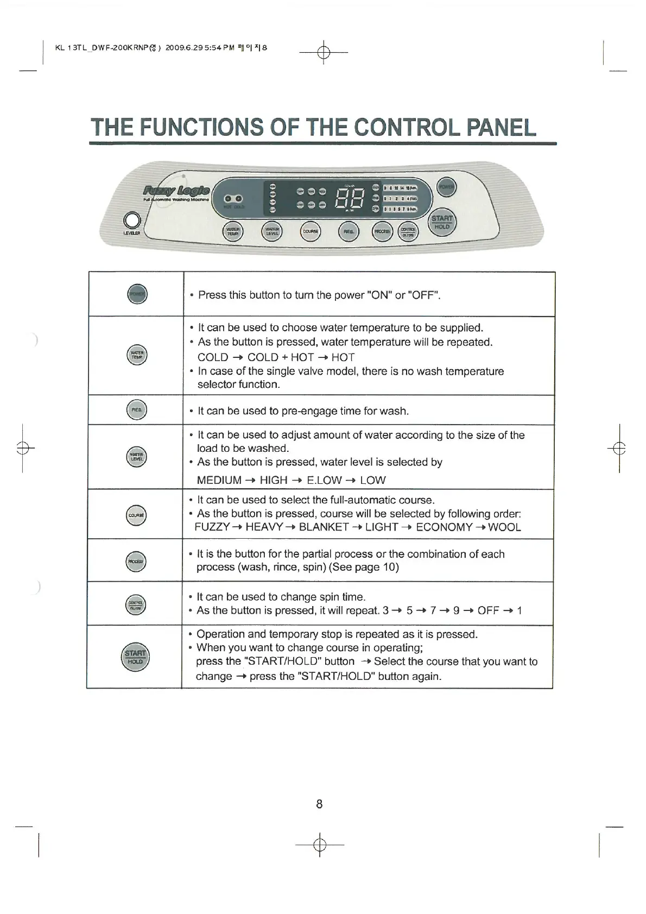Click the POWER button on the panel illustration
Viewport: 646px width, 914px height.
pyautogui.click(x=447, y=188)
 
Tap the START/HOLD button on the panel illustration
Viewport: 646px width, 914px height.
pyautogui.click(x=442, y=223)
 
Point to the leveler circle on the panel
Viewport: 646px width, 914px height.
pyautogui.click(x=132, y=220)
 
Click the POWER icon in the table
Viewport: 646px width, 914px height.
pyautogui.click(x=137, y=294)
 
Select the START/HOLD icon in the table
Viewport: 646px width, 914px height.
pyautogui.click(x=135, y=657)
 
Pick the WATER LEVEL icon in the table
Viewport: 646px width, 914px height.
pyautogui.click(x=136, y=457)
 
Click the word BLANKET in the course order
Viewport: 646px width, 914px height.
pyautogui.click(x=324, y=527)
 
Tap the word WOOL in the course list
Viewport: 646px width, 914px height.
pyautogui.click(x=504, y=527)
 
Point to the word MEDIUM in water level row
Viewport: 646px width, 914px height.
pyautogui.click(x=219, y=480)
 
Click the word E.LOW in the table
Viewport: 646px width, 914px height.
pyautogui.click(x=324, y=480)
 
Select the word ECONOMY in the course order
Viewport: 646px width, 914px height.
pyautogui.click(x=444, y=527)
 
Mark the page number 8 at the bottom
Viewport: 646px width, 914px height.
pyautogui.click(x=319, y=804)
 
